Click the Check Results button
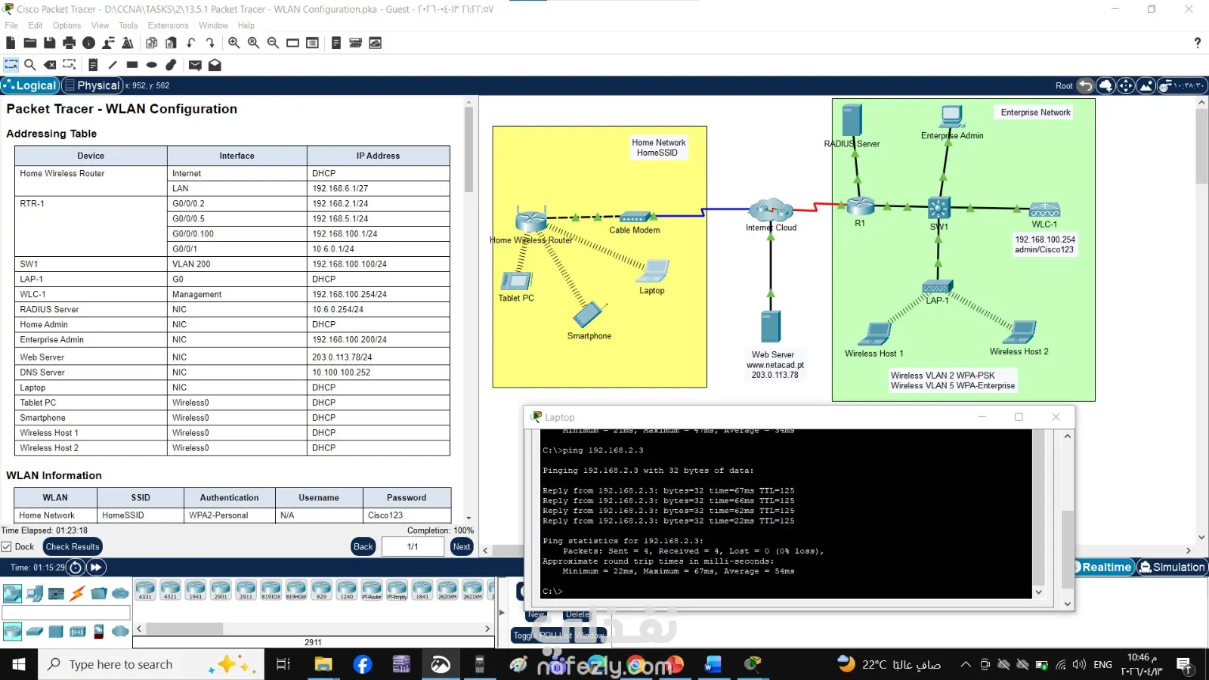pos(73,546)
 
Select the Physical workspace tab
pos(91,85)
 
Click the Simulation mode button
pos(1172,567)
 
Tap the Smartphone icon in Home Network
pos(589,314)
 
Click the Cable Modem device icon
pos(635,217)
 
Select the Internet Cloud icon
pos(771,209)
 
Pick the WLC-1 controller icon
pos(1044,210)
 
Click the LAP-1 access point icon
pos(937,288)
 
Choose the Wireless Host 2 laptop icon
pos(1022,332)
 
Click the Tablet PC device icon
pos(516,280)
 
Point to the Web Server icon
pos(771,326)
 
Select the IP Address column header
pos(378,156)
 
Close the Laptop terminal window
pos(1056,417)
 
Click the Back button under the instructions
pos(363,546)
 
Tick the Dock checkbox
pos(7,546)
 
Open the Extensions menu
pos(168,25)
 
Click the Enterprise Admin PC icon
pos(951,116)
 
